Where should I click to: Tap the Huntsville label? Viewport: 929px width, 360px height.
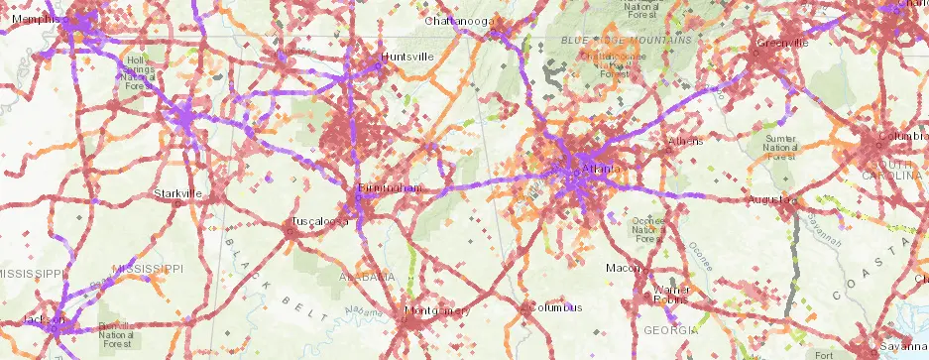click(x=407, y=57)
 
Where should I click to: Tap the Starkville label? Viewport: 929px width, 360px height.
click(x=178, y=192)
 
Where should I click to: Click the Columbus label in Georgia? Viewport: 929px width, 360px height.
click(x=553, y=308)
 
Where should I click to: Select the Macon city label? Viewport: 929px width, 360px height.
click(x=624, y=269)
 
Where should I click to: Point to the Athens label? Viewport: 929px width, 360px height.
click(x=686, y=142)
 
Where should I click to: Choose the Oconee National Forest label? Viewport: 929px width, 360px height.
click(x=648, y=229)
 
